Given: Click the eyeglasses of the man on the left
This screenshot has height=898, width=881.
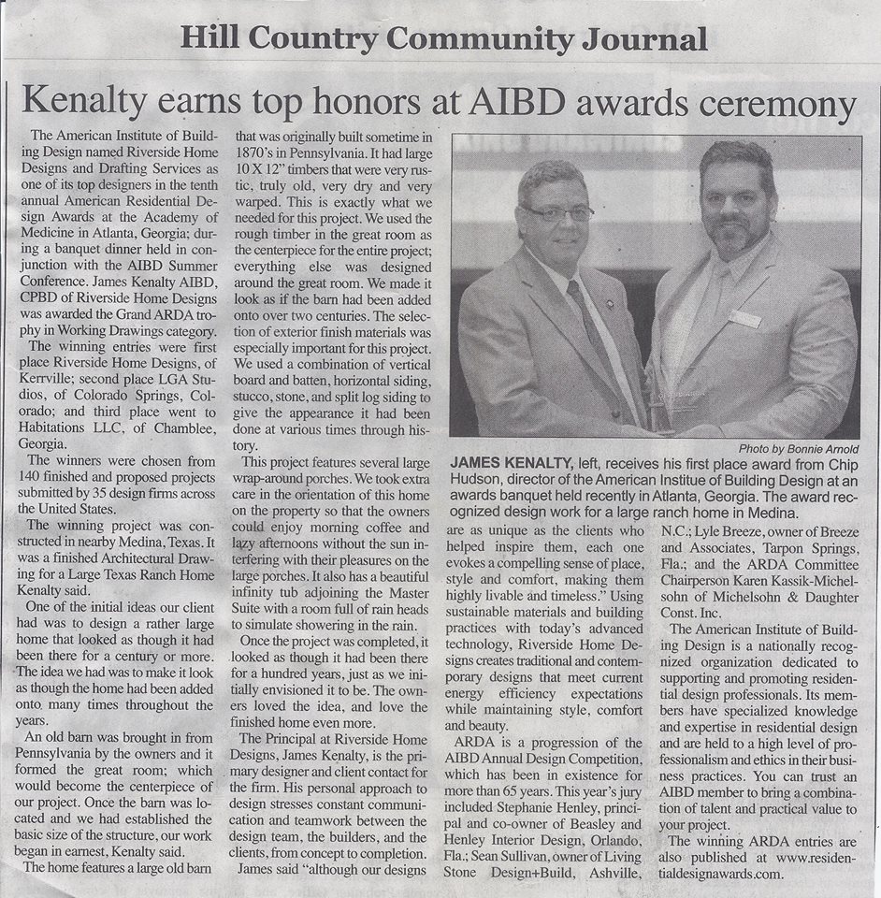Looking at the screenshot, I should point(557,212).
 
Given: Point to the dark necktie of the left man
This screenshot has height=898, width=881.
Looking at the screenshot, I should point(589,323).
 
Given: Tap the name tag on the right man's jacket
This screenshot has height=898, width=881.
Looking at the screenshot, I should point(744,318).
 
